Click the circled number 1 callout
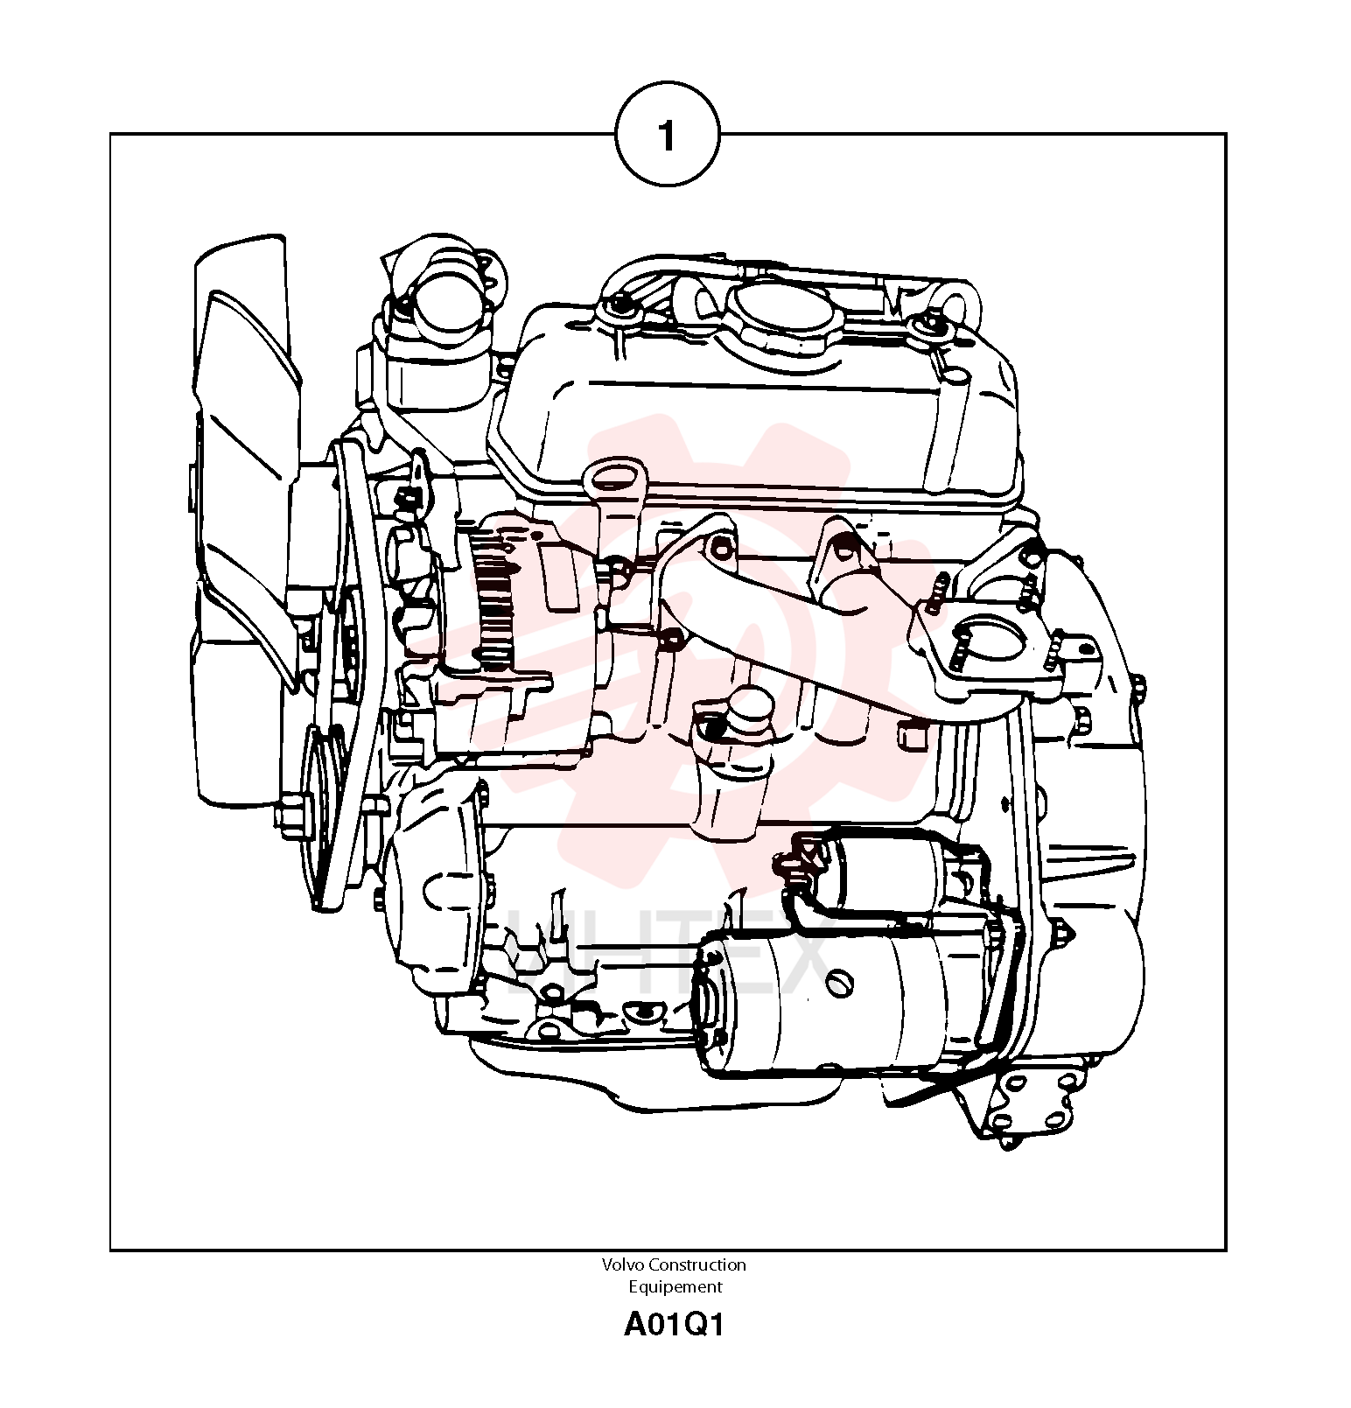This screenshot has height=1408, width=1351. pos(668,134)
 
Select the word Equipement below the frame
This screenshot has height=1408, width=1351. pos(675,1287)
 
